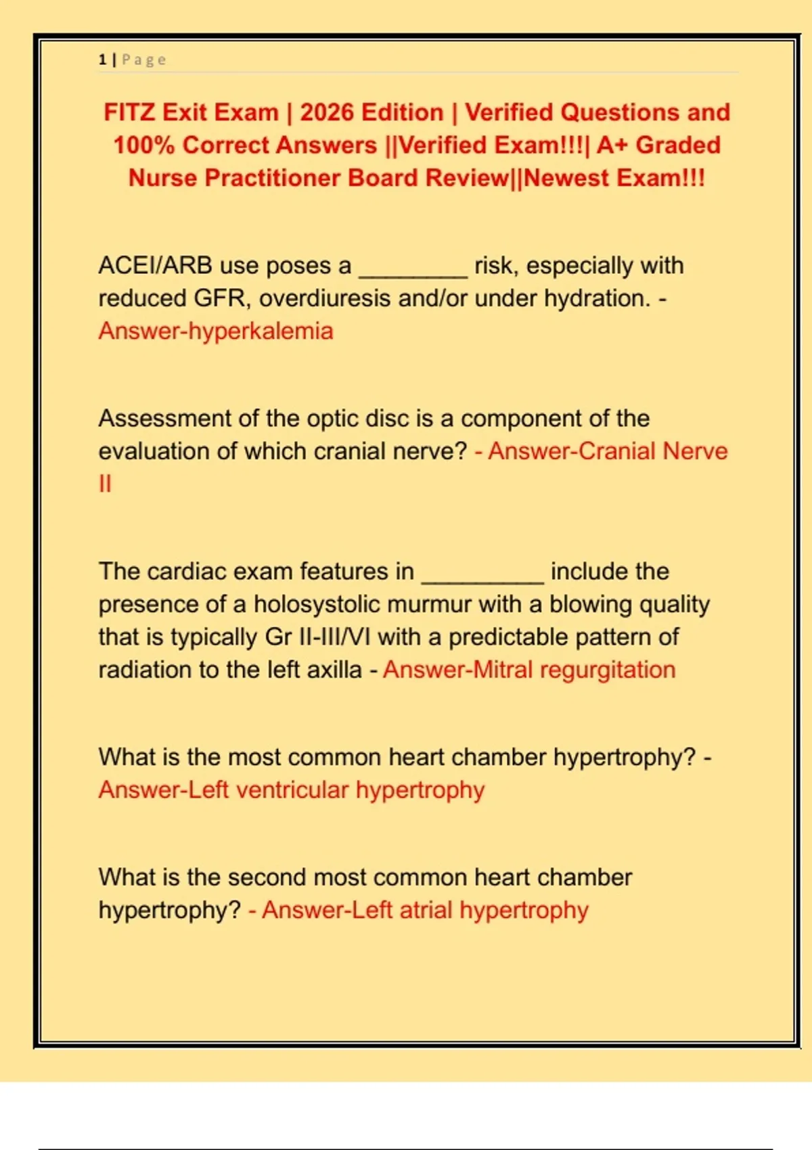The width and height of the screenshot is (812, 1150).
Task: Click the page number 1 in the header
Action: [102, 60]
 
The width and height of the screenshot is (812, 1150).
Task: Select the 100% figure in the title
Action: [143, 145]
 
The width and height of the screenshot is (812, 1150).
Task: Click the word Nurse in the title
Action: [162, 178]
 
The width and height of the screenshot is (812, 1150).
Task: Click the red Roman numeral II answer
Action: [105, 484]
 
